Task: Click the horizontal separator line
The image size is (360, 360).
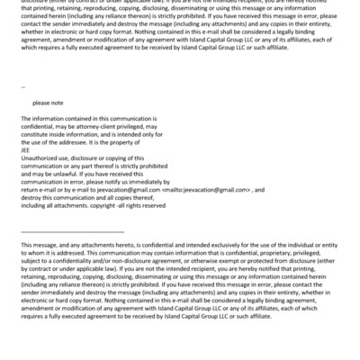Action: point(72,233)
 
